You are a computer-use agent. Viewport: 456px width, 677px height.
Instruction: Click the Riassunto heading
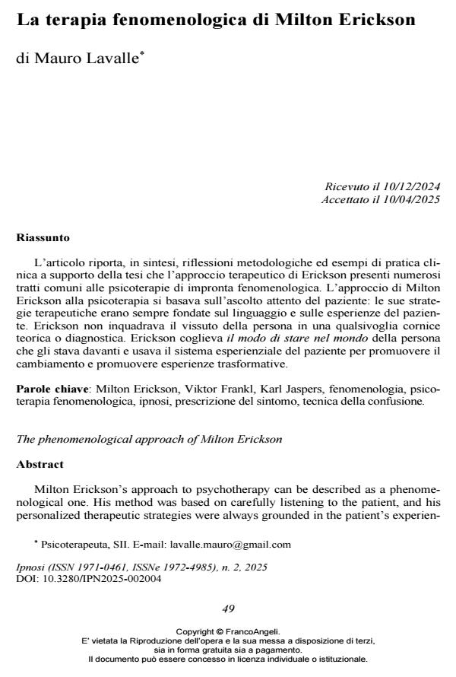click(x=43, y=237)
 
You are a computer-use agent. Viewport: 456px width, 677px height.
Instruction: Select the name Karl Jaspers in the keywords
click(x=271, y=389)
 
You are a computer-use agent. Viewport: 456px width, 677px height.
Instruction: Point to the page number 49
click(x=228, y=609)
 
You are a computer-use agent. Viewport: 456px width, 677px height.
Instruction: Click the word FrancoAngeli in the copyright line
click(x=252, y=631)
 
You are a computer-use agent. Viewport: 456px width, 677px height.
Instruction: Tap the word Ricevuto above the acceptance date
click(x=347, y=187)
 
